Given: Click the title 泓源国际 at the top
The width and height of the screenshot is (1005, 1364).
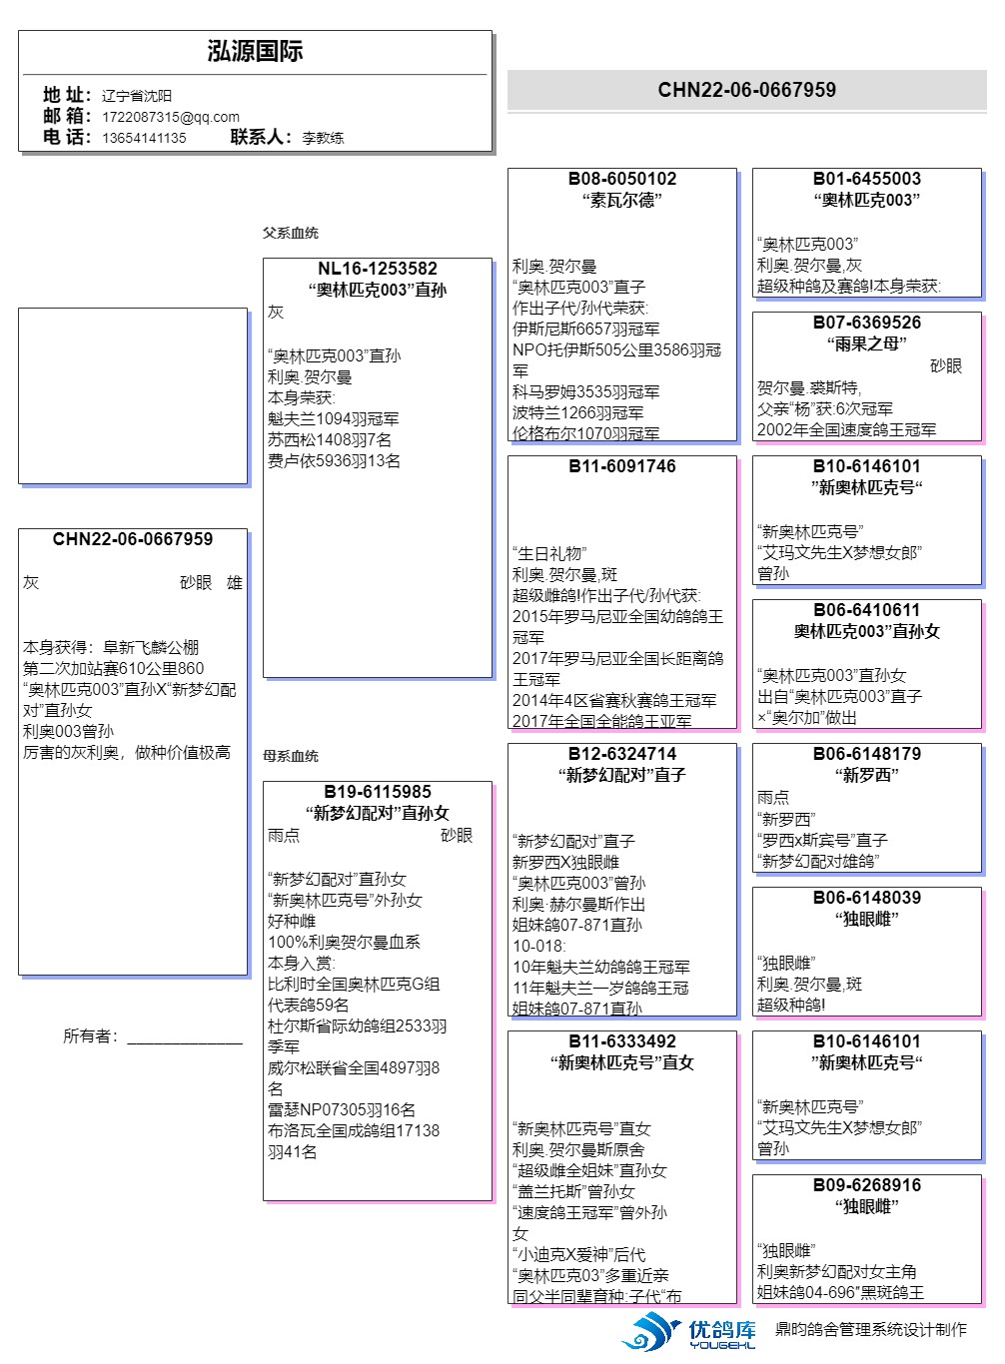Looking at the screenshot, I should [x=255, y=52].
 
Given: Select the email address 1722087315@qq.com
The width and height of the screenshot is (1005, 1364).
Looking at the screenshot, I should [x=170, y=117].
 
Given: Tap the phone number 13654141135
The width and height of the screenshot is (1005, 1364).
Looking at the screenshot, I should [x=144, y=138].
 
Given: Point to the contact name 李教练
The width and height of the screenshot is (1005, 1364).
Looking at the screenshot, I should [x=323, y=138].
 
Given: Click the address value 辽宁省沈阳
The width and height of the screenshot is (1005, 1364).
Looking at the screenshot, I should [x=137, y=96].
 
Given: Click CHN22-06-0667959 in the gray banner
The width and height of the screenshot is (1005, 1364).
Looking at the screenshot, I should [x=746, y=90].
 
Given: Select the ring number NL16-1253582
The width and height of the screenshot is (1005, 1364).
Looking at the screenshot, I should [x=377, y=269].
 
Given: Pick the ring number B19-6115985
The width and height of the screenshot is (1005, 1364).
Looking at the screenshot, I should [x=377, y=792].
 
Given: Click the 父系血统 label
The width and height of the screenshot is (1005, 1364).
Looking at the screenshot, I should [x=291, y=233].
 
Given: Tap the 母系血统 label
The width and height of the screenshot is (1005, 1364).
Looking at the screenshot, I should [x=291, y=756].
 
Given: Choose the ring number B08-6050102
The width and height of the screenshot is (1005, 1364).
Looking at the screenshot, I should [x=621, y=179].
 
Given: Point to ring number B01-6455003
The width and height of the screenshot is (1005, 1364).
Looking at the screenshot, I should [x=866, y=179].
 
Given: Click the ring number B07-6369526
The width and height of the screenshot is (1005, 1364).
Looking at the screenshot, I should [x=866, y=323].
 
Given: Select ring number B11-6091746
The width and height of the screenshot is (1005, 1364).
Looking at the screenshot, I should [x=621, y=466].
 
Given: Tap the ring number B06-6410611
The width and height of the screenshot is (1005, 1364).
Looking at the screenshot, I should [x=866, y=610].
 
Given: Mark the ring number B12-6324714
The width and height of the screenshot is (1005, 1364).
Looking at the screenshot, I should [x=621, y=754].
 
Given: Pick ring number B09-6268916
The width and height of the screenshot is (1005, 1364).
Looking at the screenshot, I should [x=866, y=1185].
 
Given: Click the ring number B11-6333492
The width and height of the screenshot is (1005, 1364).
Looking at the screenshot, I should [x=621, y=1041].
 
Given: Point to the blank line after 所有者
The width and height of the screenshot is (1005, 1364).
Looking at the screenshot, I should [x=185, y=1037].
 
